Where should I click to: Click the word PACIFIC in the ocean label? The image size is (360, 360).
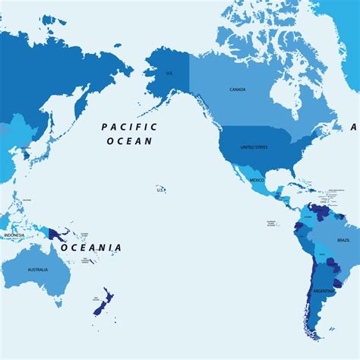click(129, 128)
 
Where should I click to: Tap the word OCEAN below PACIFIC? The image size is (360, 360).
click(129, 141)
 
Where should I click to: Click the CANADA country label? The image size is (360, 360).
click(238, 90)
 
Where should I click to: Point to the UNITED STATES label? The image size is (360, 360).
click(254, 147)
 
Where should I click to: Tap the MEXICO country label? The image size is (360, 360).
click(257, 180)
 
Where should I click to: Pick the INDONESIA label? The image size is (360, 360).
click(14, 235)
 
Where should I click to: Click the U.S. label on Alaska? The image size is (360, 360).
click(169, 74)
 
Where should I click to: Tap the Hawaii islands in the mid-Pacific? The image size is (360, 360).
click(160, 188)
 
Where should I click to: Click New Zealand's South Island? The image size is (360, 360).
click(99, 308)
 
